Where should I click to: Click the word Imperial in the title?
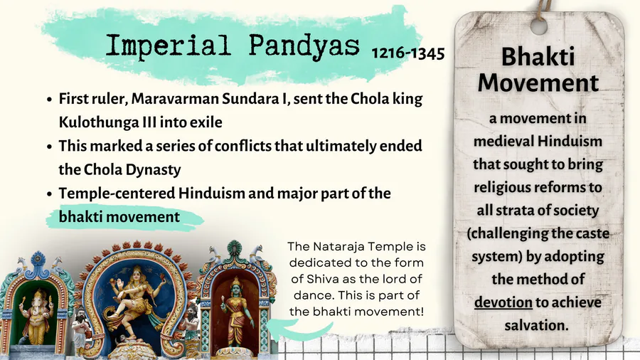[x=168, y=46]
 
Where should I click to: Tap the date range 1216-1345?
[x=408, y=53]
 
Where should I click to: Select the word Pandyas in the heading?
[x=304, y=46]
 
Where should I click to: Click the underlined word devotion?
[x=503, y=302]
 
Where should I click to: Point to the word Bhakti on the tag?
[x=538, y=56]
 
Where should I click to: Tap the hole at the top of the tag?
[x=539, y=26]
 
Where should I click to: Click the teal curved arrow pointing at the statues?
[x=299, y=329]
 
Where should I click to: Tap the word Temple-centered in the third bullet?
[x=117, y=194]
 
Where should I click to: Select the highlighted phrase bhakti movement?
[x=119, y=217]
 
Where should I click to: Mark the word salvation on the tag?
[x=536, y=325]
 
